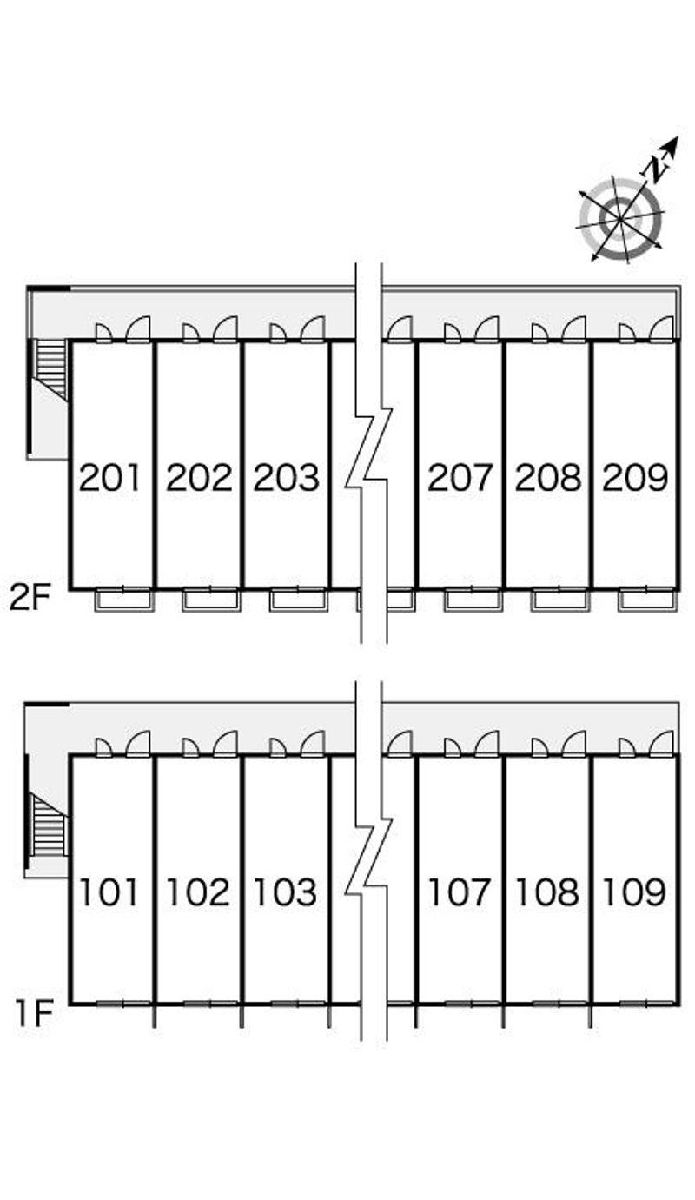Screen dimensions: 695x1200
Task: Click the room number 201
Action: click(x=110, y=478)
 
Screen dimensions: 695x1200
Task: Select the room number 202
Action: click(x=199, y=478)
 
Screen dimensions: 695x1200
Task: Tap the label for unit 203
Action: click(x=287, y=478)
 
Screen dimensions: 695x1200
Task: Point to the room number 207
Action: click(x=460, y=478)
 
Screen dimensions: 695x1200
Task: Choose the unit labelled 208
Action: click(x=548, y=478)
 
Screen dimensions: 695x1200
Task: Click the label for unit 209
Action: click(x=635, y=478)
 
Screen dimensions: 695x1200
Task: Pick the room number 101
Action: click(x=110, y=892)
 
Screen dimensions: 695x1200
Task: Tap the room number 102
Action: click(x=199, y=892)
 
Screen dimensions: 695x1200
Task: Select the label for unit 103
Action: click(x=287, y=892)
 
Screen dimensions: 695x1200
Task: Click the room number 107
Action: click(x=460, y=892)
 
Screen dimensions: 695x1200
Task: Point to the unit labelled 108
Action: click(x=548, y=892)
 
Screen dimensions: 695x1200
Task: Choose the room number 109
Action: click(x=635, y=892)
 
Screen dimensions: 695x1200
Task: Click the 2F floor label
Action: click(x=31, y=598)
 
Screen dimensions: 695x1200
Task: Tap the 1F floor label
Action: click(x=35, y=1013)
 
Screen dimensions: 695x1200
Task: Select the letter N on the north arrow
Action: click(x=658, y=165)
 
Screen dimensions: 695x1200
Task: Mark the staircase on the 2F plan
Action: click(x=51, y=368)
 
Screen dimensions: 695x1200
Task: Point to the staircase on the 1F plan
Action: click(x=49, y=824)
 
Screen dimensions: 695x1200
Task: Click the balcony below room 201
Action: click(x=124, y=600)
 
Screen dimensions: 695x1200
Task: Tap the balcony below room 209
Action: click(x=647, y=600)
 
